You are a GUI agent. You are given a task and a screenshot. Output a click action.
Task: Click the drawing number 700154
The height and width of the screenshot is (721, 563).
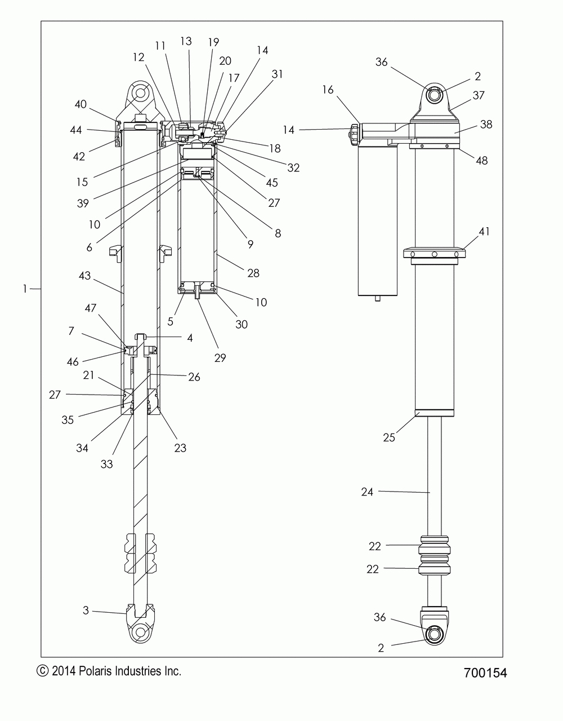(x=485, y=673)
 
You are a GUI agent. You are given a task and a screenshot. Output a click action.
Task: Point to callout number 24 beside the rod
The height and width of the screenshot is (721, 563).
(x=368, y=492)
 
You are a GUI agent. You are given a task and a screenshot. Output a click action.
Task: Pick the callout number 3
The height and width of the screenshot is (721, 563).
(x=86, y=610)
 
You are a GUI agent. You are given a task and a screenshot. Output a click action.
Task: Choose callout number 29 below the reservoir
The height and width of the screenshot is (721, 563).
(x=220, y=357)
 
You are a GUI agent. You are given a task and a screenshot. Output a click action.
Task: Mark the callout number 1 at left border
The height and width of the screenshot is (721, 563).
(x=25, y=289)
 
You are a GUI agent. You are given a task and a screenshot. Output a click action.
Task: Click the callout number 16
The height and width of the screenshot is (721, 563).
(x=328, y=90)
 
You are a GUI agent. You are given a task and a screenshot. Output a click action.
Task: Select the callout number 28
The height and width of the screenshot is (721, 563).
(x=253, y=273)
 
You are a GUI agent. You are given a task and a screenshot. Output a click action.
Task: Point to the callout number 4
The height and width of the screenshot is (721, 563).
(x=190, y=338)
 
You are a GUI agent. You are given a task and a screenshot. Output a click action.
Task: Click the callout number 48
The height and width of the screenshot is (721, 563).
(x=481, y=161)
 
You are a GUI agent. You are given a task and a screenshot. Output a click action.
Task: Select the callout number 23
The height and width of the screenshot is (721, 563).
(x=180, y=448)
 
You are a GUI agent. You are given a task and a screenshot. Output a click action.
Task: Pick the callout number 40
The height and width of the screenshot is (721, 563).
(x=81, y=104)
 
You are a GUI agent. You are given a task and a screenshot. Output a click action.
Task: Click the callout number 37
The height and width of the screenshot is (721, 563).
(x=479, y=96)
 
